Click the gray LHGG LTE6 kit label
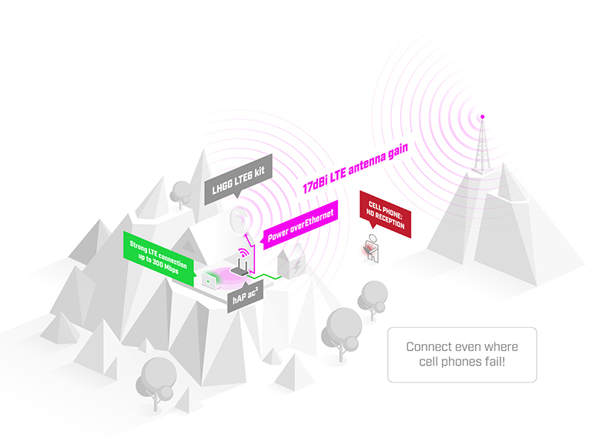pyautogui.click(x=238, y=179)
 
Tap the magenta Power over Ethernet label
pyautogui.click(x=300, y=225)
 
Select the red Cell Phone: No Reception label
pyautogui.click(x=386, y=215)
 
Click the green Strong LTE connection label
pyautogui.click(x=159, y=258)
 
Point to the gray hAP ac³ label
pyautogui.click(x=245, y=297)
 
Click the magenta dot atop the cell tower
pyautogui.click(x=483, y=116)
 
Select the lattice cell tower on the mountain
pyautogui.click(x=482, y=146)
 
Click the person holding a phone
pyautogui.click(x=372, y=248)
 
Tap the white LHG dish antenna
pyautogui.click(x=239, y=221)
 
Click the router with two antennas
pyautogui.click(x=239, y=266)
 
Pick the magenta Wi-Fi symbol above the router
pyautogui.click(x=243, y=252)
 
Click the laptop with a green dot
pyautogui.click(x=209, y=280)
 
